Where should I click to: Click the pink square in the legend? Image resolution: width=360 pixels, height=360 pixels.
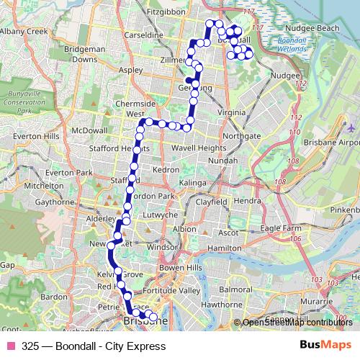[11, 346]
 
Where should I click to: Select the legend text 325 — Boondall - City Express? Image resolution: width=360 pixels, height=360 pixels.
[89, 346]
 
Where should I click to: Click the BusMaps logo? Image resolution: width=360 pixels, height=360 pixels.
[325, 345]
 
